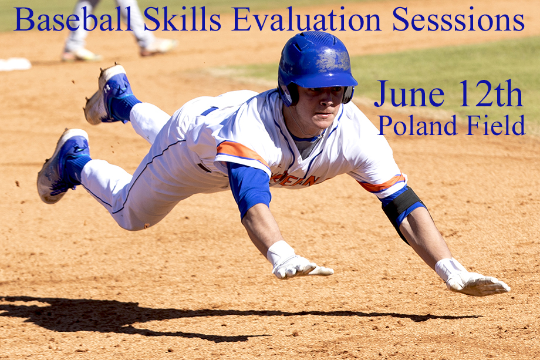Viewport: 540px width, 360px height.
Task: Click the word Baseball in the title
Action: tap(73, 19)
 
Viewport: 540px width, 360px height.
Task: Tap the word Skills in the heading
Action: tap(182, 19)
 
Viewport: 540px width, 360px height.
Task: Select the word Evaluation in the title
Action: tap(306, 19)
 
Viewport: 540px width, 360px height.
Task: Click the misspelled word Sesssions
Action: tap(458, 19)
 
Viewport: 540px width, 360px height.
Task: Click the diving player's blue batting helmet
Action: tap(315, 62)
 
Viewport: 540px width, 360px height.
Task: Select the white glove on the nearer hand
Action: tap(296, 263)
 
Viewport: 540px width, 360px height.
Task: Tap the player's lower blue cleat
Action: tap(64, 166)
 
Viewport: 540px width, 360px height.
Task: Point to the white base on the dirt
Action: tap(15, 64)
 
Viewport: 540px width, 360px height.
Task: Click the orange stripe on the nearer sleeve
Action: tap(243, 152)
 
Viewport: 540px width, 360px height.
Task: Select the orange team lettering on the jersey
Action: tap(295, 180)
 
